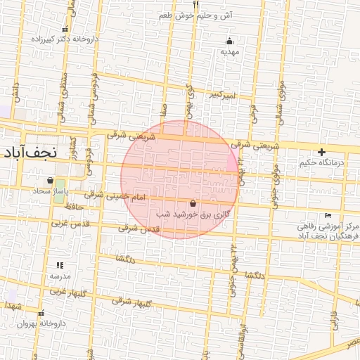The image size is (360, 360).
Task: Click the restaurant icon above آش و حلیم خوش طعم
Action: (x=196, y=4)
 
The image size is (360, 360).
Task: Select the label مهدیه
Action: (x=226, y=51)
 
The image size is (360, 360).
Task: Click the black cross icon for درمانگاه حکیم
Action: (x=321, y=152)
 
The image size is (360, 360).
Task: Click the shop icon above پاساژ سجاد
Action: (x=50, y=180)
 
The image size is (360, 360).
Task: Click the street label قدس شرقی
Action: (x=139, y=229)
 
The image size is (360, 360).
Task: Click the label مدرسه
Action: (x=59, y=276)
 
